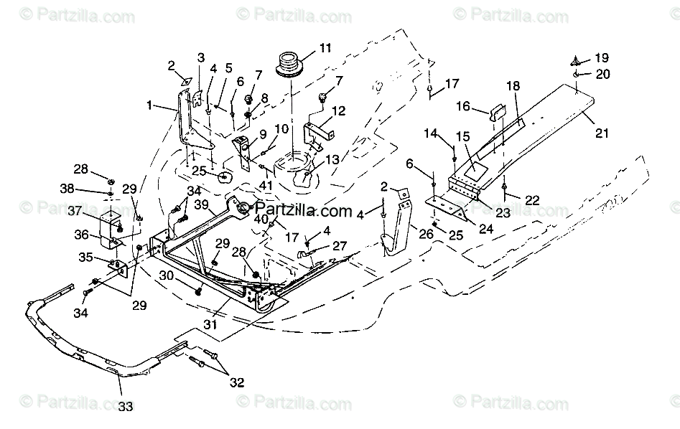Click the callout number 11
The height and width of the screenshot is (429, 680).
[x=326, y=49]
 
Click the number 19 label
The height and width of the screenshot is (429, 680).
[x=601, y=57]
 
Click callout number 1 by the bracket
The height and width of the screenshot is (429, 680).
[x=149, y=105]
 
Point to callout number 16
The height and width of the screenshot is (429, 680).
[x=463, y=106]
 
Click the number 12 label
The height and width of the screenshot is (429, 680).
[x=340, y=110]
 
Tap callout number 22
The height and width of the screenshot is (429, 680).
[x=532, y=201]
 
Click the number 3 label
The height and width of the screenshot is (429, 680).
[x=201, y=57]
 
